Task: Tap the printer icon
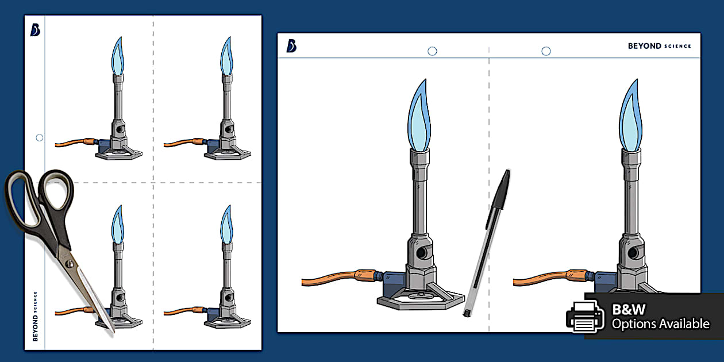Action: click(584, 316)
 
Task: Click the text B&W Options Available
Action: click(660, 317)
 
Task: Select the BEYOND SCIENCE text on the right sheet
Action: click(659, 46)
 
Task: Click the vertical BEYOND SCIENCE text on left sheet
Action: click(35, 316)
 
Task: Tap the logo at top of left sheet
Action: click(35, 30)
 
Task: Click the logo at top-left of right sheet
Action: click(291, 46)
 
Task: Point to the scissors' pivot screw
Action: click(69, 264)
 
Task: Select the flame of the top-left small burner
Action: click(118, 56)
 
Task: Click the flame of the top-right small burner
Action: click(226, 56)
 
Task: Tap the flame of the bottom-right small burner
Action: click(226, 224)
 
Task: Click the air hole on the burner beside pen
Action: click(422, 252)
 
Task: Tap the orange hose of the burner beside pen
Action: click(333, 280)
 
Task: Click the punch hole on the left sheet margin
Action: click(39, 137)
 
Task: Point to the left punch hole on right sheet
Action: click(432, 51)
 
